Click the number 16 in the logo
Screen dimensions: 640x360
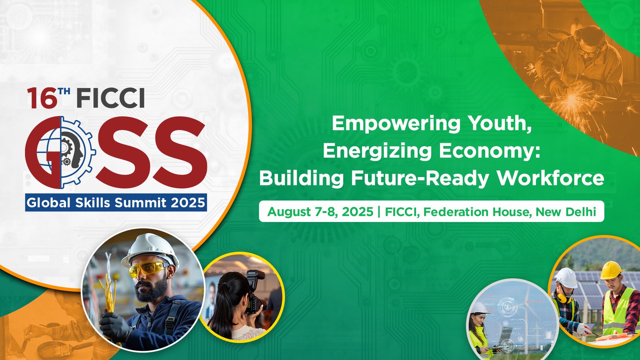42,98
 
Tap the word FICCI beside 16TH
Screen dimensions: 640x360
111,98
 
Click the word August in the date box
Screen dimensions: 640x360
289,212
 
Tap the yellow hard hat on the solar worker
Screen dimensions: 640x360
611,270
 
